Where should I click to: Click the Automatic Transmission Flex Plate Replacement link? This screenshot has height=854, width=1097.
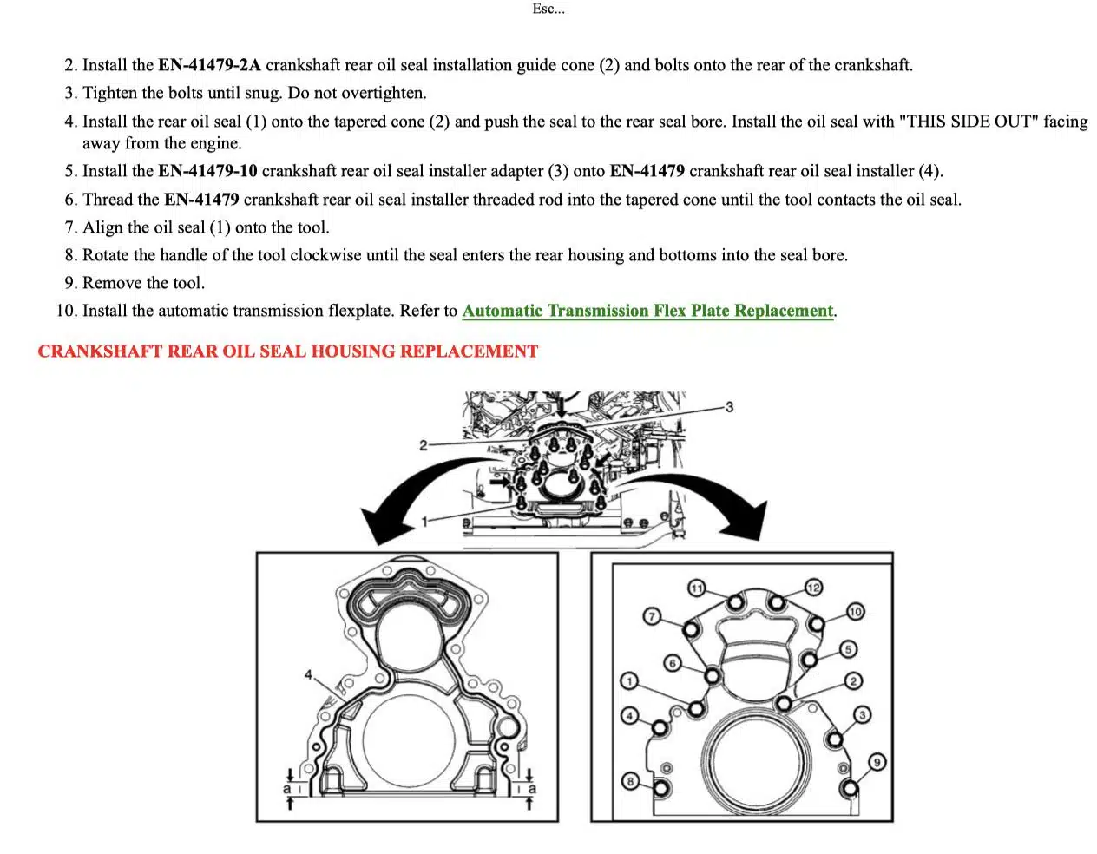point(647,311)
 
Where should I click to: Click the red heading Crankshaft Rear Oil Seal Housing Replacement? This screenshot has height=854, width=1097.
point(287,351)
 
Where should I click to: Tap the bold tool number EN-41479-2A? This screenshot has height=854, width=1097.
point(209,65)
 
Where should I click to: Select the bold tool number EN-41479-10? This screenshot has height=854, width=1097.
point(207,171)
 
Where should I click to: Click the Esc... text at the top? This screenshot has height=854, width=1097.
point(548,10)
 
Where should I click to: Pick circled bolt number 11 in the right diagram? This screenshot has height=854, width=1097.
point(696,588)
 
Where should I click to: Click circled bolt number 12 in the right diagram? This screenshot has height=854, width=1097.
point(813,588)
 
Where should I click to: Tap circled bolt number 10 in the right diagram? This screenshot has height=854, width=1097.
point(856,612)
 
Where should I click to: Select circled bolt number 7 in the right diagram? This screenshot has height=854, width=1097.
point(652,616)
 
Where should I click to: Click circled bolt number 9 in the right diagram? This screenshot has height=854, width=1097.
point(877,762)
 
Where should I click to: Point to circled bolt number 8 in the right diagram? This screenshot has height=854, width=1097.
point(630,781)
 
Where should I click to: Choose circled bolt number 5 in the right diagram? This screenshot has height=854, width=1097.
point(848,649)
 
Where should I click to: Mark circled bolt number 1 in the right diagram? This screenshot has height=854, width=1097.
point(629,680)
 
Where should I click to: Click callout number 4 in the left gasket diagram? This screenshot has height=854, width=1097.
point(308,674)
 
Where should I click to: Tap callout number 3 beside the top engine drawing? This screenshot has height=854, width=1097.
point(729,406)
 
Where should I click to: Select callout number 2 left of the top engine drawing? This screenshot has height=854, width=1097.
point(423,445)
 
